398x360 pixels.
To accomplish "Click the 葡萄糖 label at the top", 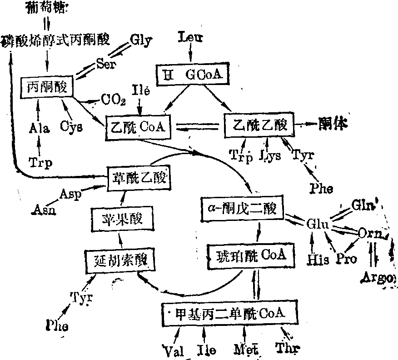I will point(46,8).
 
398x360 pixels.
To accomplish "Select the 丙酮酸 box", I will point(47,87).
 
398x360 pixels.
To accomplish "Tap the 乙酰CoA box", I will point(137,126).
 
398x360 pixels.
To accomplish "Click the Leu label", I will point(191,37).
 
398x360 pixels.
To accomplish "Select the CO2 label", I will point(113,99).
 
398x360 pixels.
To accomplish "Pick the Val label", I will point(173,350).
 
